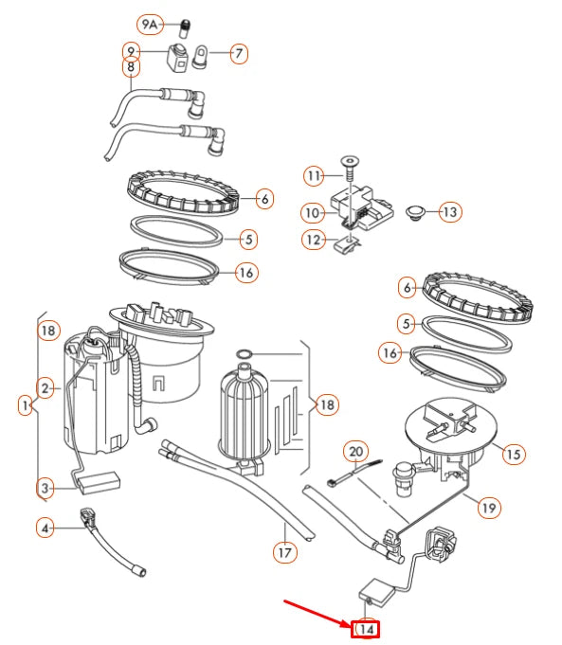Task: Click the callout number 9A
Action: click(x=150, y=25)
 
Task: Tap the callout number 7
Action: click(x=239, y=53)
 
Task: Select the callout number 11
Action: click(x=314, y=176)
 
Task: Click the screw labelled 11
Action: click(x=349, y=168)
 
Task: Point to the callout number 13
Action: click(x=450, y=212)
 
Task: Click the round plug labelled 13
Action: click(x=415, y=213)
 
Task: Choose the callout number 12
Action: click(x=314, y=240)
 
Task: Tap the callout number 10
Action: click(x=313, y=213)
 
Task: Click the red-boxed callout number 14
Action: click(x=365, y=629)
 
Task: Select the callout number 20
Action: click(x=355, y=452)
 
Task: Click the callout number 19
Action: click(x=489, y=508)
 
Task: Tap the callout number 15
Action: click(x=514, y=454)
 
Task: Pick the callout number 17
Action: click(x=285, y=552)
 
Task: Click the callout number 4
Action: click(x=45, y=528)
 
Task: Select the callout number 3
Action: click(x=45, y=489)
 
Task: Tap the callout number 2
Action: click(x=45, y=388)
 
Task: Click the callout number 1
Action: click(x=26, y=405)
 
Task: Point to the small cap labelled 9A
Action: click(x=186, y=28)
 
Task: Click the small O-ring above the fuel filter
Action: click(x=244, y=354)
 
